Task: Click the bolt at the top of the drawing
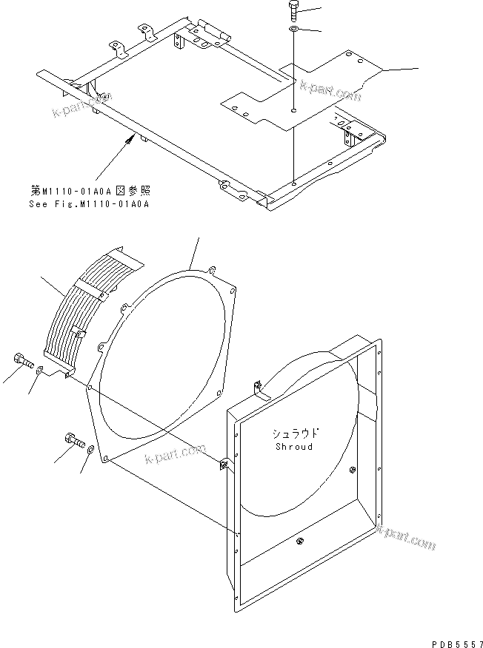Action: coord(293,11)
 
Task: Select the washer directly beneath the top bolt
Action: coord(293,30)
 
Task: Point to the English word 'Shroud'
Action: coord(294,447)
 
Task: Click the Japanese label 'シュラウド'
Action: coord(294,434)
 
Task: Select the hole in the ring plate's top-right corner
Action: coord(213,270)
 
